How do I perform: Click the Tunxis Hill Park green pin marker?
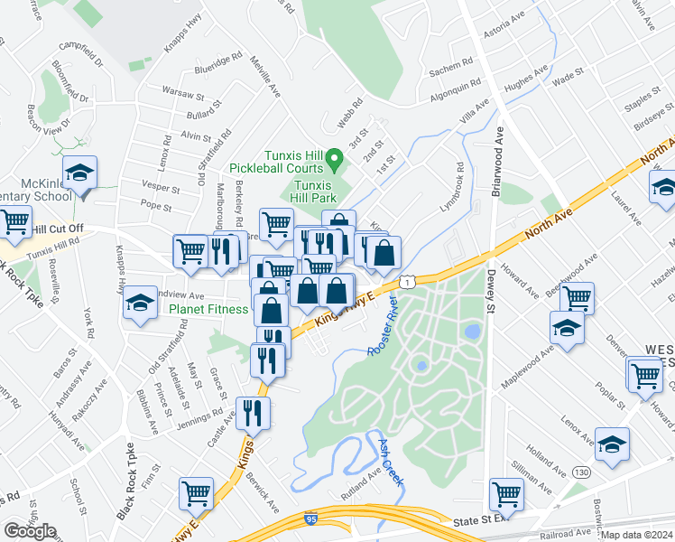pos(334,162)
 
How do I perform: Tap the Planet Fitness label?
pos(208,309)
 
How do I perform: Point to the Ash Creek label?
pos(390,462)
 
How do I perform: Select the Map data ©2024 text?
pos(636,535)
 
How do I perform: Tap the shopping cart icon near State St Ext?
pos(506,492)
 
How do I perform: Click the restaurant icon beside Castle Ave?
pos(253,413)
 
